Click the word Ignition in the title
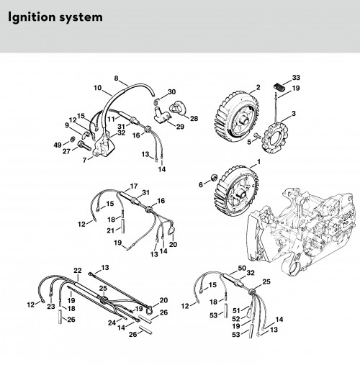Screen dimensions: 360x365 (x=32, y=17)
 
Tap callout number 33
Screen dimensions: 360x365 (x=296, y=78)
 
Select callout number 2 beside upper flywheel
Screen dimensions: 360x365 (x=258, y=87)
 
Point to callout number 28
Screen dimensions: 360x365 (x=194, y=118)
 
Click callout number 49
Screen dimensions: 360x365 (x=58, y=145)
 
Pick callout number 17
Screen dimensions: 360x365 (x=134, y=186)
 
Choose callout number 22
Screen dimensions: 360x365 (x=78, y=271)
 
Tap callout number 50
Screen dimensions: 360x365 (x=242, y=268)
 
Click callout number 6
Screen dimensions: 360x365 (x=201, y=184)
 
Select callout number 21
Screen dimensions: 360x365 (x=111, y=230)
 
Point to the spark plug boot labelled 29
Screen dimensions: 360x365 (x=161, y=116)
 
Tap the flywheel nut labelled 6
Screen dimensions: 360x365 (x=213, y=178)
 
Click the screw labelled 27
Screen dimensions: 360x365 (x=84, y=145)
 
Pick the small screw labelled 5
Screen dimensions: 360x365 (x=257, y=135)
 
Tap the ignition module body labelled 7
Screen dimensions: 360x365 (x=104, y=146)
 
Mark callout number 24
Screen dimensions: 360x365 (x=112, y=323)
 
